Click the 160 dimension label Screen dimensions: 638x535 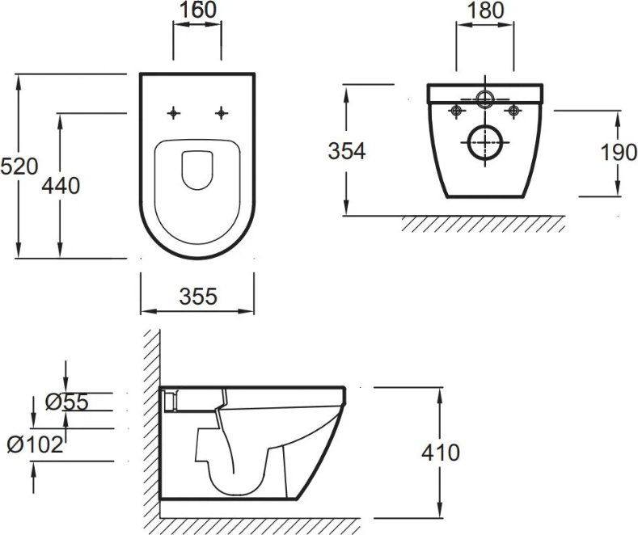198,10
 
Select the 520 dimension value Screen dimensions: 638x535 19,166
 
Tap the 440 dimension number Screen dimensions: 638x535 61,186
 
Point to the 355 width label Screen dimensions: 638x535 198,297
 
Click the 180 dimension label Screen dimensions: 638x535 485,11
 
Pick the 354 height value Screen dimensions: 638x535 347,151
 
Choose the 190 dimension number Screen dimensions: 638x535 619,153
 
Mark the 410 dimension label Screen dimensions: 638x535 441,453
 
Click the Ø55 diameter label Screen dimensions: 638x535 67,402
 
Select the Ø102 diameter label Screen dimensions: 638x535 36,444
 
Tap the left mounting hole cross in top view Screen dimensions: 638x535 174,113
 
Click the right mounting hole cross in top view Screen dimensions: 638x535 222,113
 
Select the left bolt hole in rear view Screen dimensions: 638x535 457,111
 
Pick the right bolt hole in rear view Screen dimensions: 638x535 514,111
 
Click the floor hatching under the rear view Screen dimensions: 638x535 484,224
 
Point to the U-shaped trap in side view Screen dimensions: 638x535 234,490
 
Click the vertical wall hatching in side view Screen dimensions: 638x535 152,431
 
